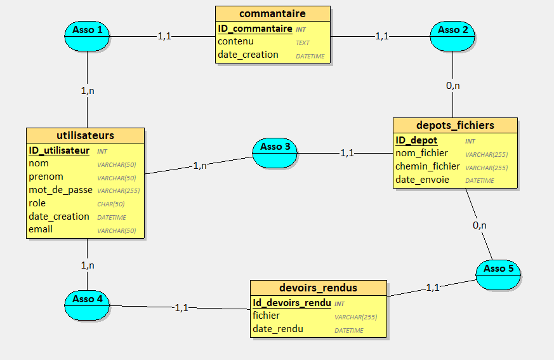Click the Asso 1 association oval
click(88, 36)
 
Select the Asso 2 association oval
click(452, 36)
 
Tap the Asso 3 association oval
click(275, 153)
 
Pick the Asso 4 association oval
click(88, 305)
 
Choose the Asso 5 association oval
click(499, 274)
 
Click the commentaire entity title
click(272, 13)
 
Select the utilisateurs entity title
click(85, 135)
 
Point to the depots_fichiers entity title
click(455, 125)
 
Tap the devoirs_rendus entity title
click(318, 288)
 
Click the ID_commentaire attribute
click(254, 29)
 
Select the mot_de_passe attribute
click(60, 190)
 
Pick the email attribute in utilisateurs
click(41, 229)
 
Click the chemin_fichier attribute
click(427, 166)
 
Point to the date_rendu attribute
click(277, 329)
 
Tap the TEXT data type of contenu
click(303, 43)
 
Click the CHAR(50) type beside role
click(110, 204)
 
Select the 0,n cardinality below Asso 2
click(452, 85)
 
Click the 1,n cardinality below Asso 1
click(88, 91)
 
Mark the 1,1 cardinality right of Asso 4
click(181, 307)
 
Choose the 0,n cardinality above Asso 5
click(480, 225)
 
